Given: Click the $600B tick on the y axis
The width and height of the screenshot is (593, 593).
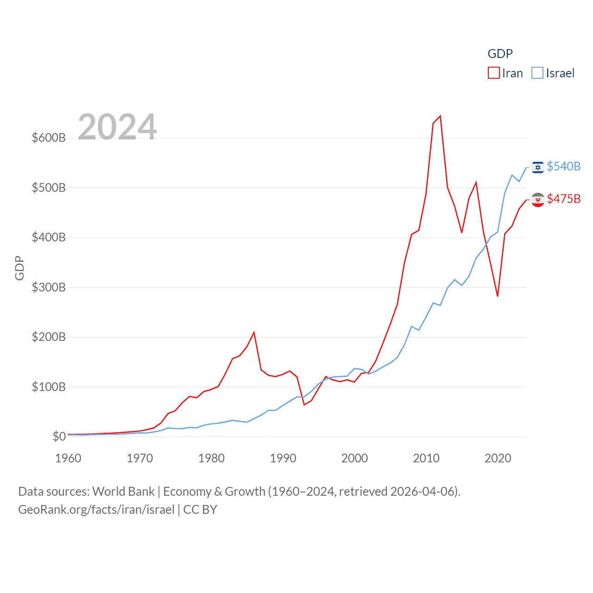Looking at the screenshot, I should click(x=49, y=138).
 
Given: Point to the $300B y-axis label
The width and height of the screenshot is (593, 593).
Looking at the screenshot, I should click(x=49, y=287).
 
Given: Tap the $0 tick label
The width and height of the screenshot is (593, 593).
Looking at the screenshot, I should click(x=59, y=436).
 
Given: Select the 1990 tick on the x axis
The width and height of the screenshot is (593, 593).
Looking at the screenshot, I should click(x=283, y=458).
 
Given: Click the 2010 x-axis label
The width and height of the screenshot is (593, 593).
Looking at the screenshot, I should click(x=426, y=458).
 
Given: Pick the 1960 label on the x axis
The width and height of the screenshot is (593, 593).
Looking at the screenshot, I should click(x=68, y=458).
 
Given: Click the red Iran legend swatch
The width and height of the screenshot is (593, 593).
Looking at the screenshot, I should click(x=494, y=73).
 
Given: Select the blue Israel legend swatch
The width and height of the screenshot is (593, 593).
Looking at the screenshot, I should click(x=537, y=73).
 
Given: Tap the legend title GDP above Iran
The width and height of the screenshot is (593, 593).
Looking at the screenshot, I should click(x=500, y=54).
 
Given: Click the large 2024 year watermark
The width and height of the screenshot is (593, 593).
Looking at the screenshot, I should click(x=117, y=127).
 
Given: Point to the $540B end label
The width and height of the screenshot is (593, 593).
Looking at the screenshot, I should click(x=563, y=166).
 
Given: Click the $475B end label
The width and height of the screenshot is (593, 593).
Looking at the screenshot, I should click(x=563, y=199).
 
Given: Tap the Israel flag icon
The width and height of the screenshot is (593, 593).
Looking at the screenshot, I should click(x=538, y=167).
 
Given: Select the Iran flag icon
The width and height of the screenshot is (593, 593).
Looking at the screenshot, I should click(x=538, y=200).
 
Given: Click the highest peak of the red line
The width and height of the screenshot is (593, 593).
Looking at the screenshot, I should click(x=440, y=116).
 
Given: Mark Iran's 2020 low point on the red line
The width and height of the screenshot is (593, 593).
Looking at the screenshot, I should click(x=498, y=296).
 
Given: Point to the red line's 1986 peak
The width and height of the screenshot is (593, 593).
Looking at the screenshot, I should click(x=254, y=332).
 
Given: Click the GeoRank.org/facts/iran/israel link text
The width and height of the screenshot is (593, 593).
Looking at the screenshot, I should click(x=96, y=510).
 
